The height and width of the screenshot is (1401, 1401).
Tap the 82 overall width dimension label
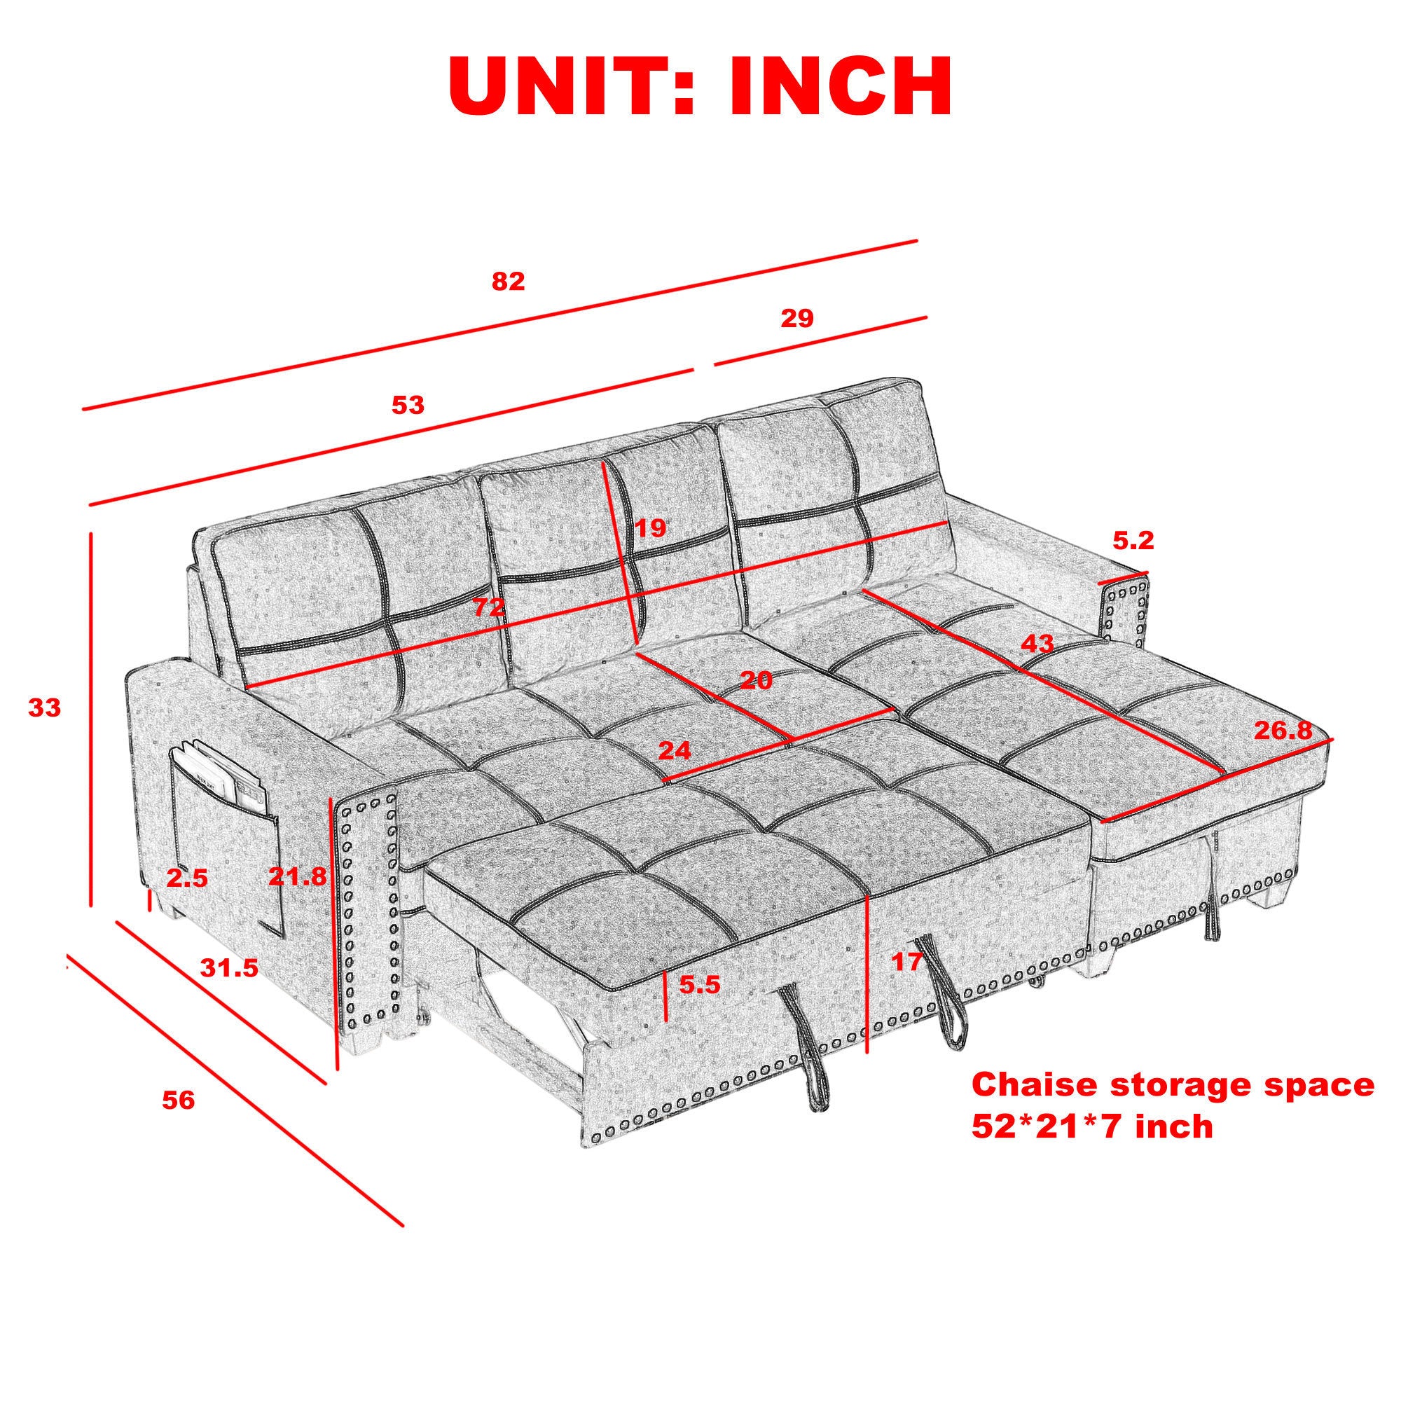[508, 282]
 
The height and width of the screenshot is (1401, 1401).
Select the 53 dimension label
[408, 405]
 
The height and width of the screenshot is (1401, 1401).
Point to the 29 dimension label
[798, 318]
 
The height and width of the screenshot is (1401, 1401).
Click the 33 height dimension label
[45, 707]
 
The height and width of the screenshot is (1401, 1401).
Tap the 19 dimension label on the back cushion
[651, 528]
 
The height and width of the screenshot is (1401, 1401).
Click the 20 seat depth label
[757, 680]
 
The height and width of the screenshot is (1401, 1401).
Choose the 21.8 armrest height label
[297, 878]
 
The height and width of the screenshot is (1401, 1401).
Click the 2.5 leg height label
[187, 879]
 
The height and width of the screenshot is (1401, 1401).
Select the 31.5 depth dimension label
[229, 967]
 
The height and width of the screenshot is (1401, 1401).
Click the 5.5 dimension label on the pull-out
[699, 984]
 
